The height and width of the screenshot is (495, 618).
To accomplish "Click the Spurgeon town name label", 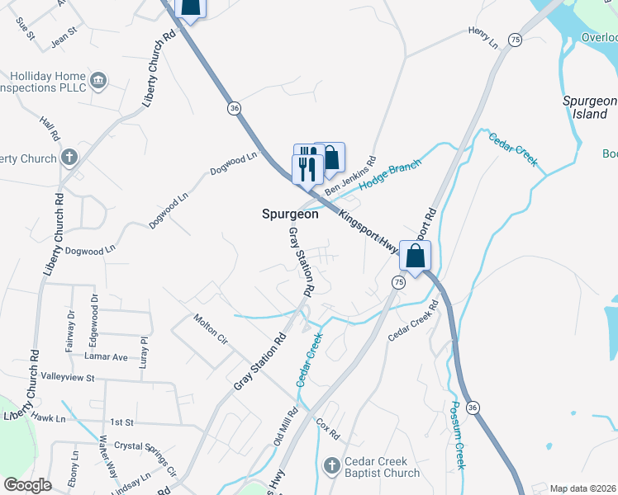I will click(290, 213).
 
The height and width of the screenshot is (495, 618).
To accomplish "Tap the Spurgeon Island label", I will click(590, 106).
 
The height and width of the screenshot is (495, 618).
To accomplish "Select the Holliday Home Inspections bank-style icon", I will click(99, 79).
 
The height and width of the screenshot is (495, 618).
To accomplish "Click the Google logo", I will click(27, 485).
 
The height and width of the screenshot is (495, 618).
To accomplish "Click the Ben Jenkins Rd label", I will click(350, 177).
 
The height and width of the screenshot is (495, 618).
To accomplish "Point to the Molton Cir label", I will click(210, 328).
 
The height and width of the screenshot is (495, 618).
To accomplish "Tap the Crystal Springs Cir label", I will click(145, 458).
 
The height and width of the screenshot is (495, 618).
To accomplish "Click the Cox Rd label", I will click(328, 429).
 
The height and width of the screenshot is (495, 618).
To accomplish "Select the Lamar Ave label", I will click(106, 356).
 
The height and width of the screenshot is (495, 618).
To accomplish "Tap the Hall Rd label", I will click(50, 128).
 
